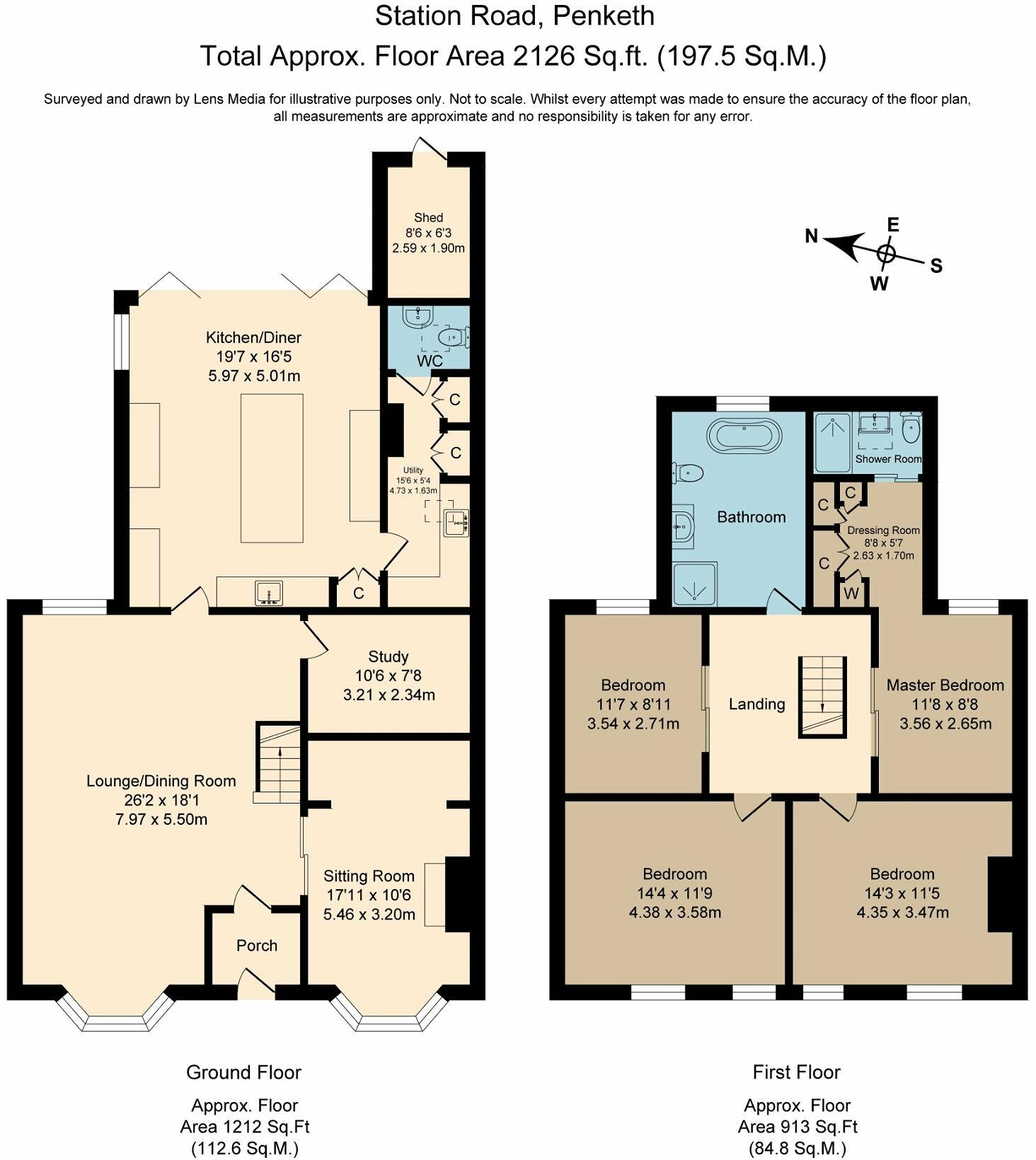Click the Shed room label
(428, 218)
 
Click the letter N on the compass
(812, 236)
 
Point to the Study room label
(388, 656)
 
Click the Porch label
(257, 946)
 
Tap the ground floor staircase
(278, 760)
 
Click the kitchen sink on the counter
(269, 593)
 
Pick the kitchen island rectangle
(272, 468)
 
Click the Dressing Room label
(883, 530)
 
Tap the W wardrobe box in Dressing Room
(851, 594)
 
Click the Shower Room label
(888, 459)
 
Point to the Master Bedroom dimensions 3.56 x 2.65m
(945, 724)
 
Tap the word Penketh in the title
(605, 16)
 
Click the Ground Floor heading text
(243, 1072)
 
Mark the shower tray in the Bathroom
(694, 584)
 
